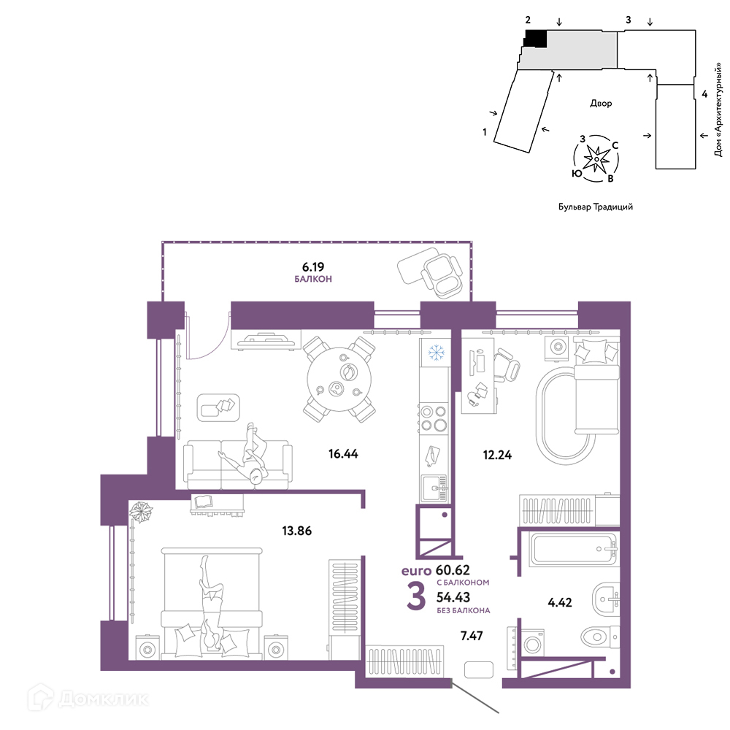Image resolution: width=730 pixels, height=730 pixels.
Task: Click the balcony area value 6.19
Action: (x=313, y=266)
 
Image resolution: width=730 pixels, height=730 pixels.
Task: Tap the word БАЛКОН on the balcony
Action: (x=313, y=279)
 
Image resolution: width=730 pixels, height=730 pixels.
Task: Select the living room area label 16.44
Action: (x=343, y=453)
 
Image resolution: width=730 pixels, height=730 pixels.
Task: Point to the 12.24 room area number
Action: (x=497, y=454)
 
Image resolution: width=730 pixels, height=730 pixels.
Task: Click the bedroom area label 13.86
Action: (x=296, y=530)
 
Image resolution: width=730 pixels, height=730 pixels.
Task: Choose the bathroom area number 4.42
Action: (x=560, y=602)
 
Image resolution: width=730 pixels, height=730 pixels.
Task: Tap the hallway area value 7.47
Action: (x=472, y=636)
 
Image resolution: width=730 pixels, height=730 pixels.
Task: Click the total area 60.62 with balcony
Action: (x=453, y=570)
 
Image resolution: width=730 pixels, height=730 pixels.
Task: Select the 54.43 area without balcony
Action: (x=453, y=597)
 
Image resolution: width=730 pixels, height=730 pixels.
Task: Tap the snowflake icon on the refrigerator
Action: (x=437, y=353)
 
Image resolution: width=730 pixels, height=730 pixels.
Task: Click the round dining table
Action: (x=339, y=380)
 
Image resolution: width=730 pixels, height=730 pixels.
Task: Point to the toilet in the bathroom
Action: (x=601, y=636)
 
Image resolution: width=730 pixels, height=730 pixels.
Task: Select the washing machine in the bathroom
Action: (x=531, y=645)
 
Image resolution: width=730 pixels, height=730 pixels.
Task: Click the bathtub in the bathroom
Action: (x=574, y=550)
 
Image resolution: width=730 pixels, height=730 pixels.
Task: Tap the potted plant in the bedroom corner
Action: (x=141, y=512)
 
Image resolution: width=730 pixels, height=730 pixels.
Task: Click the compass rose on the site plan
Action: (x=596, y=159)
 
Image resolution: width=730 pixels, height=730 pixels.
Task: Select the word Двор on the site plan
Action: (x=601, y=103)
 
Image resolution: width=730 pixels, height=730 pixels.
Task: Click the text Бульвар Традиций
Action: (x=596, y=207)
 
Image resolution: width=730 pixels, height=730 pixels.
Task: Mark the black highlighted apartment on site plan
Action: (x=535, y=38)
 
